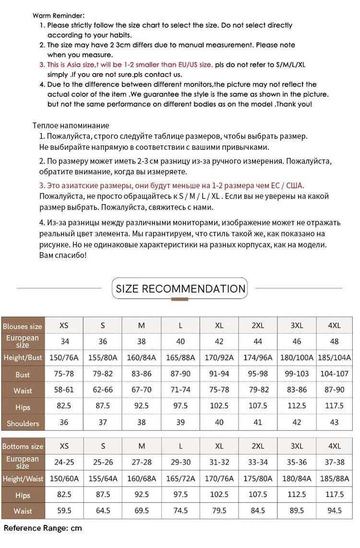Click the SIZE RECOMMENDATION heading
pyautogui.click(x=180, y=289)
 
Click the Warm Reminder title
pyautogui.click(x=59, y=15)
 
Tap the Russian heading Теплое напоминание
pyautogui.click(x=71, y=125)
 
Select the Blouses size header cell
pyautogui.click(x=23, y=326)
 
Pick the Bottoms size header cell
pyautogui.click(x=23, y=446)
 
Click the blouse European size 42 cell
pyautogui.click(x=219, y=341)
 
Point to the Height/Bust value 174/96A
pyautogui.click(x=258, y=357)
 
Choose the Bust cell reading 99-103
pyautogui.click(x=297, y=374)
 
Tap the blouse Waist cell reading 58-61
pyautogui.click(x=64, y=390)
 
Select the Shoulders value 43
pyautogui.click(x=335, y=422)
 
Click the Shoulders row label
pyautogui.click(x=23, y=423)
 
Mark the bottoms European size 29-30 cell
pyautogui.click(x=180, y=462)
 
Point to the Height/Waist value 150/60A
pyautogui.click(x=64, y=478)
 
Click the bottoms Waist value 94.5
pyautogui.click(x=335, y=511)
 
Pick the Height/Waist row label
pyautogui.click(x=23, y=479)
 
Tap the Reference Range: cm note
pyautogui.click(x=43, y=528)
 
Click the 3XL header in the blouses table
pyautogui.click(x=297, y=325)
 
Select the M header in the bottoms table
pyautogui.click(x=142, y=446)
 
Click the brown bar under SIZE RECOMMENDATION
pyautogui.click(x=180, y=299)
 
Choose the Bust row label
pyautogui.click(x=23, y=375)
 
